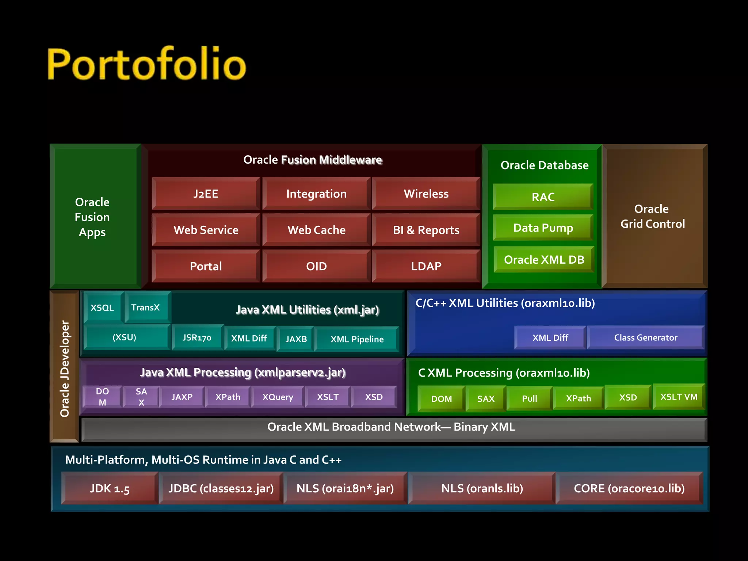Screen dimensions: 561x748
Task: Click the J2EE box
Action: coord(206,194)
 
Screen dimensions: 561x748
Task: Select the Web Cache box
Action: coord(316,230)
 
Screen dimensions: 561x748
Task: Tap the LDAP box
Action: coord(426,266)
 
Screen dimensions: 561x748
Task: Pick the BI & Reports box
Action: coord(426,230)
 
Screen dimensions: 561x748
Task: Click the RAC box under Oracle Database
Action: coord(543,197)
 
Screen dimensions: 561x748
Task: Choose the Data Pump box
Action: coord(543,228)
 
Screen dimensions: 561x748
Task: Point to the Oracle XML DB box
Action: coord(544,260)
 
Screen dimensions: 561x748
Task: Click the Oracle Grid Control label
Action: coord(652,216)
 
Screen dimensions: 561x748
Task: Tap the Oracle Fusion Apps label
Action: coord(92,217)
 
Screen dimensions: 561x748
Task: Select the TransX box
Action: coord(146,308)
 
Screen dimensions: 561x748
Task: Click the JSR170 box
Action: coord(197,338)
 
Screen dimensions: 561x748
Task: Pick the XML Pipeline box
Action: coord(357,339)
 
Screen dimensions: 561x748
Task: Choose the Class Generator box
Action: coord(645,338)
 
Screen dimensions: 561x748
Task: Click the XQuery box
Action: coord(278,397)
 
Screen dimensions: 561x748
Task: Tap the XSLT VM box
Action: coord(679,397)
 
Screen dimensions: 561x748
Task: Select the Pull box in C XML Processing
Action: coord(529,398)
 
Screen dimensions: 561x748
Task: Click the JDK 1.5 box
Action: coord(110,488)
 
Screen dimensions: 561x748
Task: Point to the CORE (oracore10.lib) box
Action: coord(629,488)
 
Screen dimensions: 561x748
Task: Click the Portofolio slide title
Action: coord(147,64)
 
